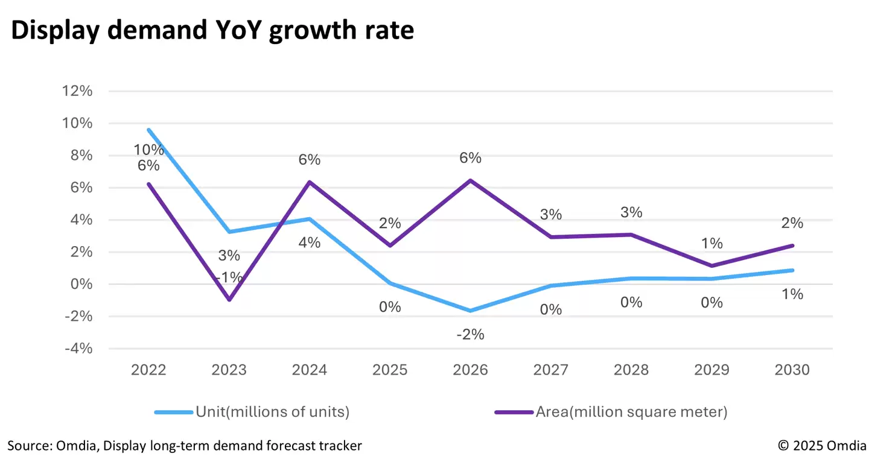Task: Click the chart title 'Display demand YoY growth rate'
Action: pyautogui.click(x=212, y=30)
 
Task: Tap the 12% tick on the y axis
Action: pyautogui.click(x=76, y=91)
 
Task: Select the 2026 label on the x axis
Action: pyautogui.click(x=471, y=370)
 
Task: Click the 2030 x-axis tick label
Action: pyautogui.click(x=792, y=370)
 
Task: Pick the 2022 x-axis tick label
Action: pyautogui.click(x=148, y=370)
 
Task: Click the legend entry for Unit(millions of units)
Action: pyautogui.click(x=272, y=412)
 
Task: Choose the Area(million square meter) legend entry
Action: pyautogui.click(x=631, y=412)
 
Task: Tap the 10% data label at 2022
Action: pyautogui.click(x=148, y=150)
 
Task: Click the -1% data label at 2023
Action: pyautogui.click(x=229, y=277)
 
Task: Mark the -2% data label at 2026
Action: pyautogui.click(x=471, y=334)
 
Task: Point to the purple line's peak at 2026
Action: pyautogui.click(x=471, y=180)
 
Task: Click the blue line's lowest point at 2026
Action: pyautogui.click(x=471, y=311)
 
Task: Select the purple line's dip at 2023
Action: pyautogui.click(x=229, y=300)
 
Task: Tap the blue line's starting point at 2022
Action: pyautogui.click(x=148, y=130)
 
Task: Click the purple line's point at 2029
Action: pyautogui.click(x=712, y=266)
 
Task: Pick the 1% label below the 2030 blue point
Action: pyautogui.click(x=792, y=294)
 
